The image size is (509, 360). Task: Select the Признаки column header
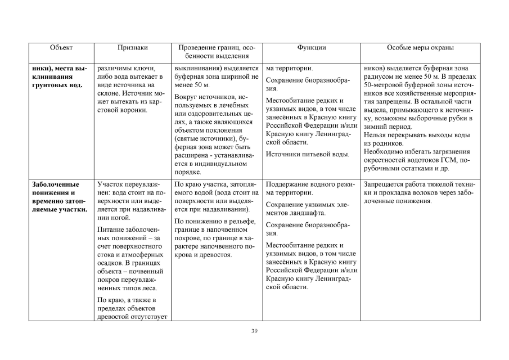(x=133, y=48)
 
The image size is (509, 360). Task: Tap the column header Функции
(x=311, y=48)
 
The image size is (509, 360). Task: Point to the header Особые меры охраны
(x=420, y=48)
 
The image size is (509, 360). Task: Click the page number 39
(x=254, y=331)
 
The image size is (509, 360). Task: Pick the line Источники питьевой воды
(x=307, y=154)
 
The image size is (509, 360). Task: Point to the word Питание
(x=110, y=230)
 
